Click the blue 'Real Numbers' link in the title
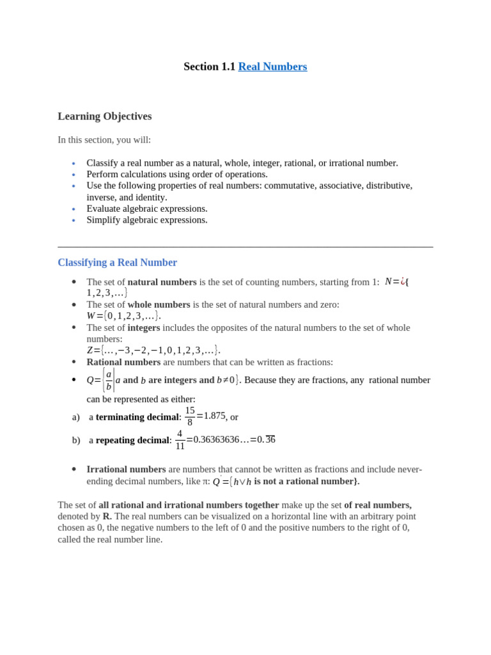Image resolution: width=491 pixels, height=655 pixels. [272, 67]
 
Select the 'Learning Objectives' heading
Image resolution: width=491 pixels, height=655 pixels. [105, 116]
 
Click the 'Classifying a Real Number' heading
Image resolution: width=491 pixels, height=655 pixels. [117, 262]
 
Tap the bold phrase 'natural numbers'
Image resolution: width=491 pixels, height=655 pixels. [162, 282]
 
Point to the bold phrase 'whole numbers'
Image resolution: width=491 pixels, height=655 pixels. [159, 304]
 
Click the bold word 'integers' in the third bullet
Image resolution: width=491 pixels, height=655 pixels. [143, 327]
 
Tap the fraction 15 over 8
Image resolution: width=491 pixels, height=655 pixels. [190, 416]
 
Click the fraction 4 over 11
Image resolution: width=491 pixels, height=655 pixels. [180, 439]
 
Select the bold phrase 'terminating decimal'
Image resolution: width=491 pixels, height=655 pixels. [137, 417]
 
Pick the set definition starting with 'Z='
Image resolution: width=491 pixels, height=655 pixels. [153, 350]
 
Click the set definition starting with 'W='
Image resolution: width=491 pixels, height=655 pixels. [123, 316]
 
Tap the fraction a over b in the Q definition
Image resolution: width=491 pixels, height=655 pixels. [109, 380]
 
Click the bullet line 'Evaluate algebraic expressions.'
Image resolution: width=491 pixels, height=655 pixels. [147, 209]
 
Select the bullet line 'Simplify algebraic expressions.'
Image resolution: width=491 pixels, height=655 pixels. [147, 220]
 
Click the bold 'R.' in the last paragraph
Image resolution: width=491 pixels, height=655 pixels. [107, 516]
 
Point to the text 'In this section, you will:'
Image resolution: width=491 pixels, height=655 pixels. [104, 139]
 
